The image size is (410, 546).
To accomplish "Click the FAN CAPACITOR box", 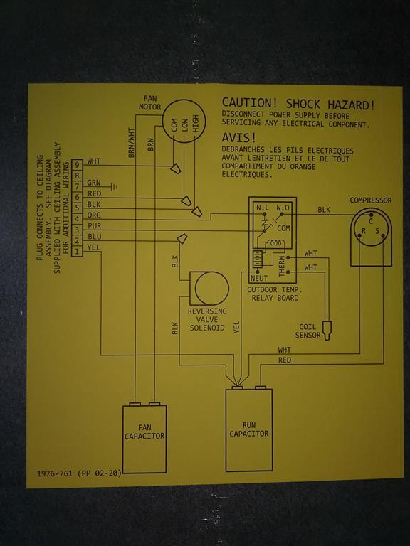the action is [x=144, y=439].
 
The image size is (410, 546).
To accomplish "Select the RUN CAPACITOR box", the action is [x=249, y=430].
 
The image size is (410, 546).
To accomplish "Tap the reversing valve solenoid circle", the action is [x=211, y=289].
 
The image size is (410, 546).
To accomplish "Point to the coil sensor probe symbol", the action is [x=327, y=331].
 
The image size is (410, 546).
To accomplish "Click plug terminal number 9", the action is [x=77, y=165].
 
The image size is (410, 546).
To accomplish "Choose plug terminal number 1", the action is [x=77, y=251].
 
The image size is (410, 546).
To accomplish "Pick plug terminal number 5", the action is [x=77, y=208].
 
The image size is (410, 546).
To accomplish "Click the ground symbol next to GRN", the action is [x=114, y=187].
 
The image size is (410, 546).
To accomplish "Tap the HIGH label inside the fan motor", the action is [x=195, y=124].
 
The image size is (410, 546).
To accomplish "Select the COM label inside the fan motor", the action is [x=174, y=125].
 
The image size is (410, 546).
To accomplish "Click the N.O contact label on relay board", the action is [x=283, y=208].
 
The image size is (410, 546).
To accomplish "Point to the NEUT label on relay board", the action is [x=259, y=278].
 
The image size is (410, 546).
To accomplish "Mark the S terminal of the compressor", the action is [x=377, y=231].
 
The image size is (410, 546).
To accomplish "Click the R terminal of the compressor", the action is [x=364, y=231].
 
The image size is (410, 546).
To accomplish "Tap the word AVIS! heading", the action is [x=239, y=138].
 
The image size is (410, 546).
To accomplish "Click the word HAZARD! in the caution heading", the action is [x=351, y=105].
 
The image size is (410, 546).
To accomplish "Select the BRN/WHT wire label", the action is [x=131, y=142].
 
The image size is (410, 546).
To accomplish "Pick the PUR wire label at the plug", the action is [x=94, y=225].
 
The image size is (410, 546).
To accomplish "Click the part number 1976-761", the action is [x=55, y=473].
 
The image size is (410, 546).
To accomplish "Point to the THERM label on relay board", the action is [x=282, y=267].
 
